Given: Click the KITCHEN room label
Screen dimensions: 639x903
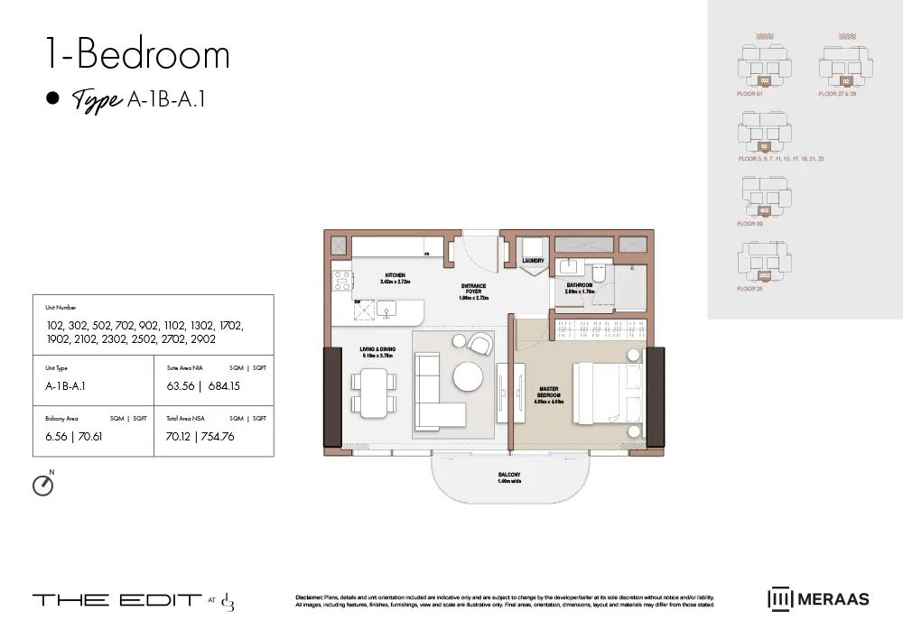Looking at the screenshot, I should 395,275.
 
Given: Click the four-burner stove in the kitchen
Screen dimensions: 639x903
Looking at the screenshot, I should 341,280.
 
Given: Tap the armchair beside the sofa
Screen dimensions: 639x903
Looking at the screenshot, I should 479,344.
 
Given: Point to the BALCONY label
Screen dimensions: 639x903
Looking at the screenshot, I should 508,475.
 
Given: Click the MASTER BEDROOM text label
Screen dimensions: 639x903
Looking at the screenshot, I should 548,393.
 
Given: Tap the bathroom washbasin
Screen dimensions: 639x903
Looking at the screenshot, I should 568,265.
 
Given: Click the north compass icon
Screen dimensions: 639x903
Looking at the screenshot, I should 42,486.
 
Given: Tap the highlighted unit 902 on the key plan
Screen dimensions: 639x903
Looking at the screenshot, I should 764,210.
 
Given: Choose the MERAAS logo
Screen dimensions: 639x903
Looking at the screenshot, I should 818,599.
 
